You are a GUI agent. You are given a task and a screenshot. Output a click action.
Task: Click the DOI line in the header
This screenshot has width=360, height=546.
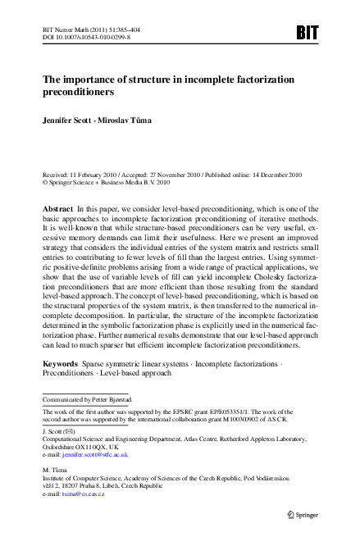tap(80, 38)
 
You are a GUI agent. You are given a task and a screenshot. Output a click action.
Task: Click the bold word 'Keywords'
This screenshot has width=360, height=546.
tap(60, 361)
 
